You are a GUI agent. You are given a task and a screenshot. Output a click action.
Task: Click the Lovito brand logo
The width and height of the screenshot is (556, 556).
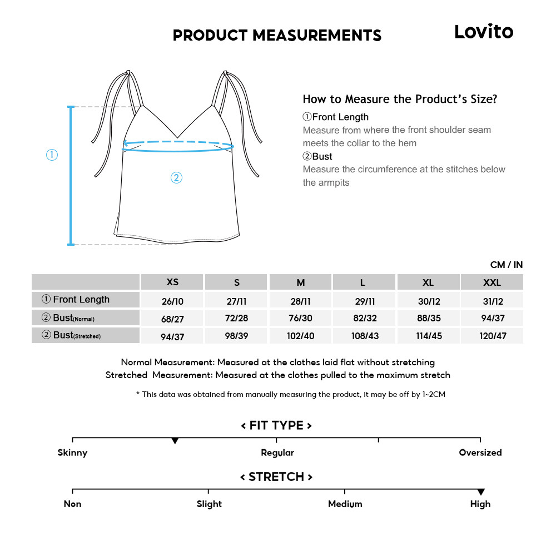[x=484, y=32]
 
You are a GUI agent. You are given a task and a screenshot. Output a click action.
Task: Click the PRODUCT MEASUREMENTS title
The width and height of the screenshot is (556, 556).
[x=277, y=36]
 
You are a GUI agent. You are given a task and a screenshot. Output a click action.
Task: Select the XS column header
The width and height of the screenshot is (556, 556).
[x=172, y=282]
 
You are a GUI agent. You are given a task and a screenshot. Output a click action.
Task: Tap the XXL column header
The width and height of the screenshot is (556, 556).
[x=492, y=282]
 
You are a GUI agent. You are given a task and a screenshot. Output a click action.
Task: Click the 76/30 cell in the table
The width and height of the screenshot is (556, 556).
[x=300, y=318]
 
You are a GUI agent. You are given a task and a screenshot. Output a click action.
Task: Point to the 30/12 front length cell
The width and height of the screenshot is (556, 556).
[x=428, y=300]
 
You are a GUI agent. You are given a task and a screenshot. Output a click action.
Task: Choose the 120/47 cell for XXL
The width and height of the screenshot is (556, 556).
[x=492, y=336]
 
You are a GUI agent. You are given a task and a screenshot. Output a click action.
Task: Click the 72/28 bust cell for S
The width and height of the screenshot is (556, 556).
[x=237, y=318]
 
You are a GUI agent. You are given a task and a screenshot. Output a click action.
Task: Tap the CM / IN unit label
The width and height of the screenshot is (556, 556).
[x=506, y=265]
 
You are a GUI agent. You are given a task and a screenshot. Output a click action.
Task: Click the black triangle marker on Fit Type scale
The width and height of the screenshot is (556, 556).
[x=175, y=441]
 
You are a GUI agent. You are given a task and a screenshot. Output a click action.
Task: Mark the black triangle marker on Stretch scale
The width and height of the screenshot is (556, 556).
[x=481, y=492]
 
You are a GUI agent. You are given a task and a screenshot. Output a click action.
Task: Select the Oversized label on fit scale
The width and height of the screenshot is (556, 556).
[x=480, y=453]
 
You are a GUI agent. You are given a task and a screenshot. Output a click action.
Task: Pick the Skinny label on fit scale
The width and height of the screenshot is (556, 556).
[x=72, y=453]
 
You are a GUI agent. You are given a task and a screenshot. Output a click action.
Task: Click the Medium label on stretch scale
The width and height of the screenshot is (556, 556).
[x=345, y=504]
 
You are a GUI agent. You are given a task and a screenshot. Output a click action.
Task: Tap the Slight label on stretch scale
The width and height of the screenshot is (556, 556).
[x=209, y=504]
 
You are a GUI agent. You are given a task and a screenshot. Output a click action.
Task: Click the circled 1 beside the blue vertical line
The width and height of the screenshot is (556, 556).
[x=52, y=155]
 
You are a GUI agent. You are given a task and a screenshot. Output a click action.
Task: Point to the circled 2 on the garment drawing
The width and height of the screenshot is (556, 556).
[x=176, y=178]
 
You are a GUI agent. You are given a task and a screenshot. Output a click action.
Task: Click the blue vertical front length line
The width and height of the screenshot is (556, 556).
[x=71, y=175]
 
